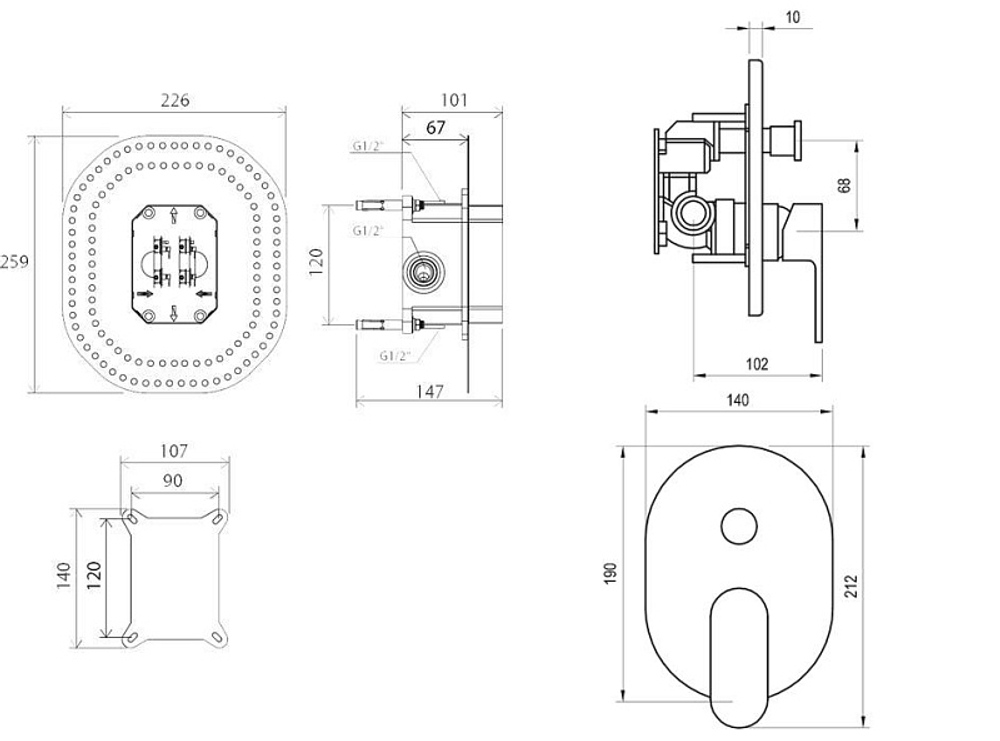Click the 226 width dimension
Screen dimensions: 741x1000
[174, 100]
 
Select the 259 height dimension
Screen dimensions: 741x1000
[13, 262]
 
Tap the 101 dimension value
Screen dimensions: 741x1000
[454, 100]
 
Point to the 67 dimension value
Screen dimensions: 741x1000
[435, 127]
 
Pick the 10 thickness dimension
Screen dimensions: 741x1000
[791, 18]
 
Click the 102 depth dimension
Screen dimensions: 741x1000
[757, 364]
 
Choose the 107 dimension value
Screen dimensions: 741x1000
[173, 451]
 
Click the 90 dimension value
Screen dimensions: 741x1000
[172, 480]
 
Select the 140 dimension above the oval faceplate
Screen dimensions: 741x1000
[737, 400]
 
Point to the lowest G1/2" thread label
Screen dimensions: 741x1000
[397, 355]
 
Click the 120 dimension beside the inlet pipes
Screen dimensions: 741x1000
[342, 264]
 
